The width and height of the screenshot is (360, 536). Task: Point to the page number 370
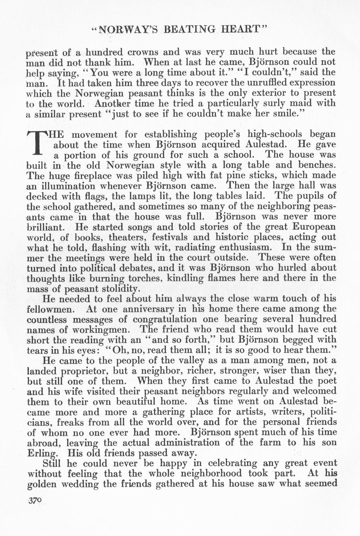click(35, 501)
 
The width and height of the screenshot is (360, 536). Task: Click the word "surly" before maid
click(273, 104)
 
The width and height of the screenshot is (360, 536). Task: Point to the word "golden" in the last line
click(42, 484)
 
